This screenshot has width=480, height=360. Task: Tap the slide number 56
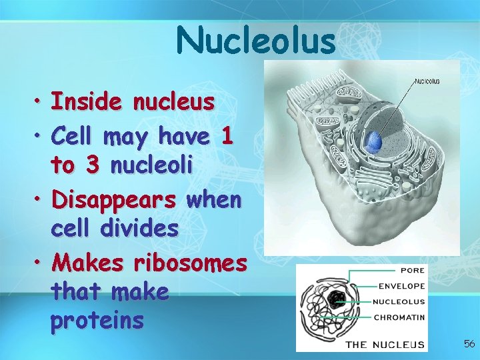(469, 344)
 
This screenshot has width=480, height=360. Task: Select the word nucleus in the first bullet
(174, 103)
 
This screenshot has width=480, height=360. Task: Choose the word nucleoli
(152, 166)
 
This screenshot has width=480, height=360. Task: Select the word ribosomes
(190, 263)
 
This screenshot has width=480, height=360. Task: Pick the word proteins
(97, 321)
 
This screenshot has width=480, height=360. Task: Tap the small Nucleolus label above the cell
(427, 81)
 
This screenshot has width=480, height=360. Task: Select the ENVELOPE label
(401, 287)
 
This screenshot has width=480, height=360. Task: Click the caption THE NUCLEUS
(385, 344)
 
